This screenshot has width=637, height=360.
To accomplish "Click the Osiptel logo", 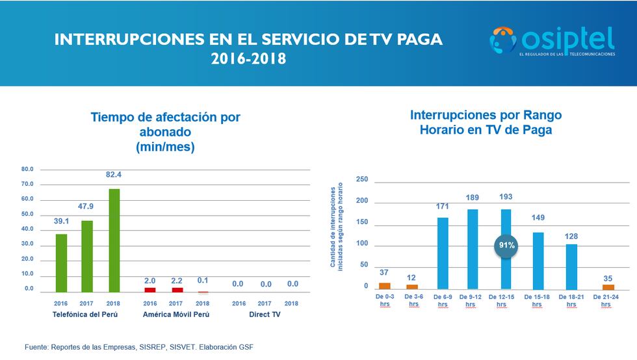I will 552,42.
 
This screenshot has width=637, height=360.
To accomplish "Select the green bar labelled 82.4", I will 113,240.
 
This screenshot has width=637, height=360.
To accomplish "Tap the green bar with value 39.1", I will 61,263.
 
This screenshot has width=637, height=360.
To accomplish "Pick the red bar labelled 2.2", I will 177,290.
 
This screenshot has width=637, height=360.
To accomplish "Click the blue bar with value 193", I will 506,249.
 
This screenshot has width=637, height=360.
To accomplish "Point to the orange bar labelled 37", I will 385,285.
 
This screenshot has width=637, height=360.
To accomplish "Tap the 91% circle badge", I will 506,246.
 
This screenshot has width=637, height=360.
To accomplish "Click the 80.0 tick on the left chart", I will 27,170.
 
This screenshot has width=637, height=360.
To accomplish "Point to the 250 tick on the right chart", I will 363,179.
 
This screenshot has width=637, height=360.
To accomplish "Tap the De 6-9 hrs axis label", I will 443,300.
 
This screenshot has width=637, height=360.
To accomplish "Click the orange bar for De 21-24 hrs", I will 608,287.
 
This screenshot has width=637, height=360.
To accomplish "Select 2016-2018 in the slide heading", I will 248,58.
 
